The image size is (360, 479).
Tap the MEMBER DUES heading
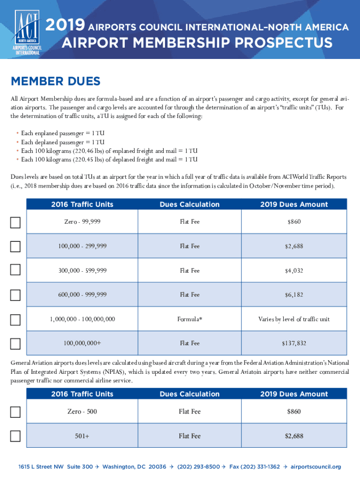[55, 81]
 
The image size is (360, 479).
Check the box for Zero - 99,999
[15, 222]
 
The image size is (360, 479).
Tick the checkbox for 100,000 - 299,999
[15, 246]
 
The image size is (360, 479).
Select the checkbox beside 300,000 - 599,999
[15, 270]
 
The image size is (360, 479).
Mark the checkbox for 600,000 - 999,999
[15, 295]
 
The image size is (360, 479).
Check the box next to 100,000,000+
[15, 344]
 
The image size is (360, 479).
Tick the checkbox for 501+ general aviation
[15, 436]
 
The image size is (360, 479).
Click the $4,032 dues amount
[294, 270]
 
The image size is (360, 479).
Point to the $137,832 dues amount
[294, 343]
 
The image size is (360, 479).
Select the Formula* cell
[189, 319]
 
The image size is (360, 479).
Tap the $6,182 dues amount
[294, 295]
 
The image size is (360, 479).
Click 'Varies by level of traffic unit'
[294, 319]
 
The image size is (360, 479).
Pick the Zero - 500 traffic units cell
[82, 412]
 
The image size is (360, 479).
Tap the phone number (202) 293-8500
[198, 467]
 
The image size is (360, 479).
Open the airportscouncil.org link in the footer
[316, 467]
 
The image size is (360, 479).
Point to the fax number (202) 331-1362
[261, 467]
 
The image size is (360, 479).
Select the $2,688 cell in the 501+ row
[294, 436]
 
